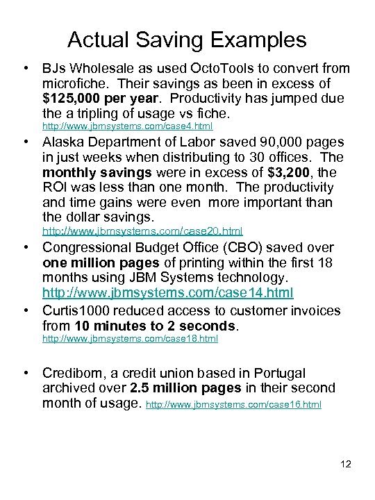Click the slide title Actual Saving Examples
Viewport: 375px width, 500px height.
(187, 39)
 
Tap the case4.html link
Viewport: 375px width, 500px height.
(127, 126)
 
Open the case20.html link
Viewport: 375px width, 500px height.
(142, 231)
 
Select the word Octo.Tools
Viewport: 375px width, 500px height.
(199, 68)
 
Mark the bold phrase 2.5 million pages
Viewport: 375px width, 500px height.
(185, 388)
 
